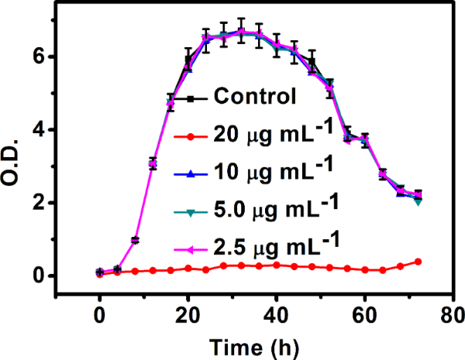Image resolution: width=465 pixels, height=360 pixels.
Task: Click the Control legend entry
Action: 255,98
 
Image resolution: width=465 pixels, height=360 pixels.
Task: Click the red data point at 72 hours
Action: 418,262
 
